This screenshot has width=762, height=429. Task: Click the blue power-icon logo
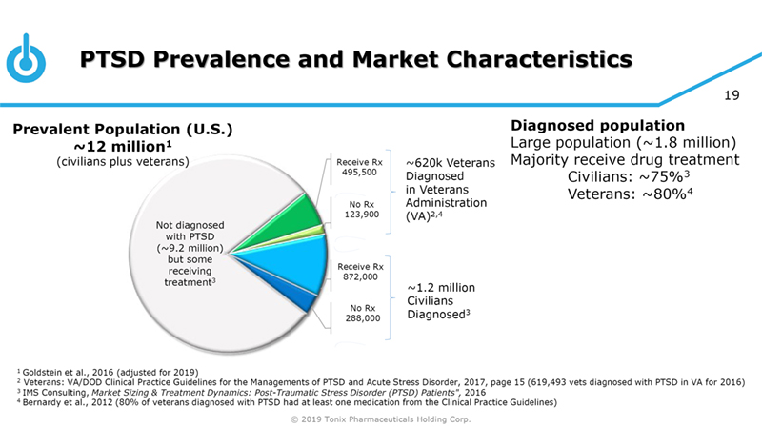click(26, 59)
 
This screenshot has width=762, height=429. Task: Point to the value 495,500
click(358, 173)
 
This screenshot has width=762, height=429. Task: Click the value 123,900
click(358, 214)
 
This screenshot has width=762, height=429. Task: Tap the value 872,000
click(358, 276)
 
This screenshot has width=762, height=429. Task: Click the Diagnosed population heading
click(598, 125)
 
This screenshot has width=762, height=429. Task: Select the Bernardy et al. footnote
click(287, 402)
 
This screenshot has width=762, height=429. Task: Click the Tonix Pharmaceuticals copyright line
click(380, 419)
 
